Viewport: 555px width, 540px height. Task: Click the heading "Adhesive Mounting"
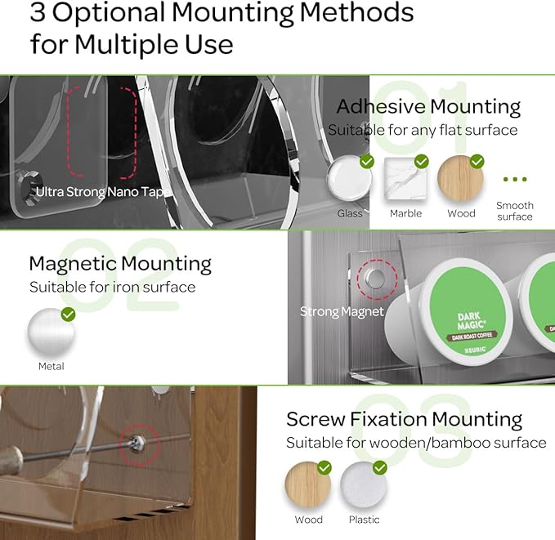click(x=428, y=107)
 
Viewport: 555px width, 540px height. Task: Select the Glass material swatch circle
click(x=350, y=178)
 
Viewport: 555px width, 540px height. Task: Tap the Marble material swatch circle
click(x=405, y=178)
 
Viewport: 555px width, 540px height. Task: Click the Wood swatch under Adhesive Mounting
click(x=460, y=178)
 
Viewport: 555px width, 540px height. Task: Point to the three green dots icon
click(x=515, y=179)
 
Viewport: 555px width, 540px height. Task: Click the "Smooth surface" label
click(x=515, y=211)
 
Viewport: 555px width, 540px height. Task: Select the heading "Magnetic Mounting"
click(x=120, y=264)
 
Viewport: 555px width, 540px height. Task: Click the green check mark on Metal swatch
click(x=69, y=315)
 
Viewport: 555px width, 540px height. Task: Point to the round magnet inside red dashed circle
click(x=375, y=279)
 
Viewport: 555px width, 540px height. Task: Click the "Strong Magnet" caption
click(x=342, y=311)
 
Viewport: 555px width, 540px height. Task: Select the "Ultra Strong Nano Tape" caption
click(x=104, y=192)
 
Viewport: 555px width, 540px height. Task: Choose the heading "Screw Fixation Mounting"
click(x=404, y=420)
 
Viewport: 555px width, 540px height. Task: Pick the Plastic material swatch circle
click(x=363, y=485)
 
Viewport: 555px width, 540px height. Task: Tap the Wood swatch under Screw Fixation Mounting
click(x=307, y=485)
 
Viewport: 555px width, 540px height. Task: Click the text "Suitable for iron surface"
click(x=113, y=287)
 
